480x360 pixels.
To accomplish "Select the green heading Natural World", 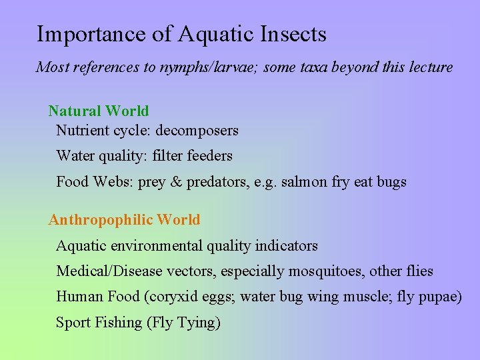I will click(x=99, y=111).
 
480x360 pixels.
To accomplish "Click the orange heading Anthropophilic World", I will click(x=124, y=219).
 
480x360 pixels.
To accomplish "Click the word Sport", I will click(x=75, y=323).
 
